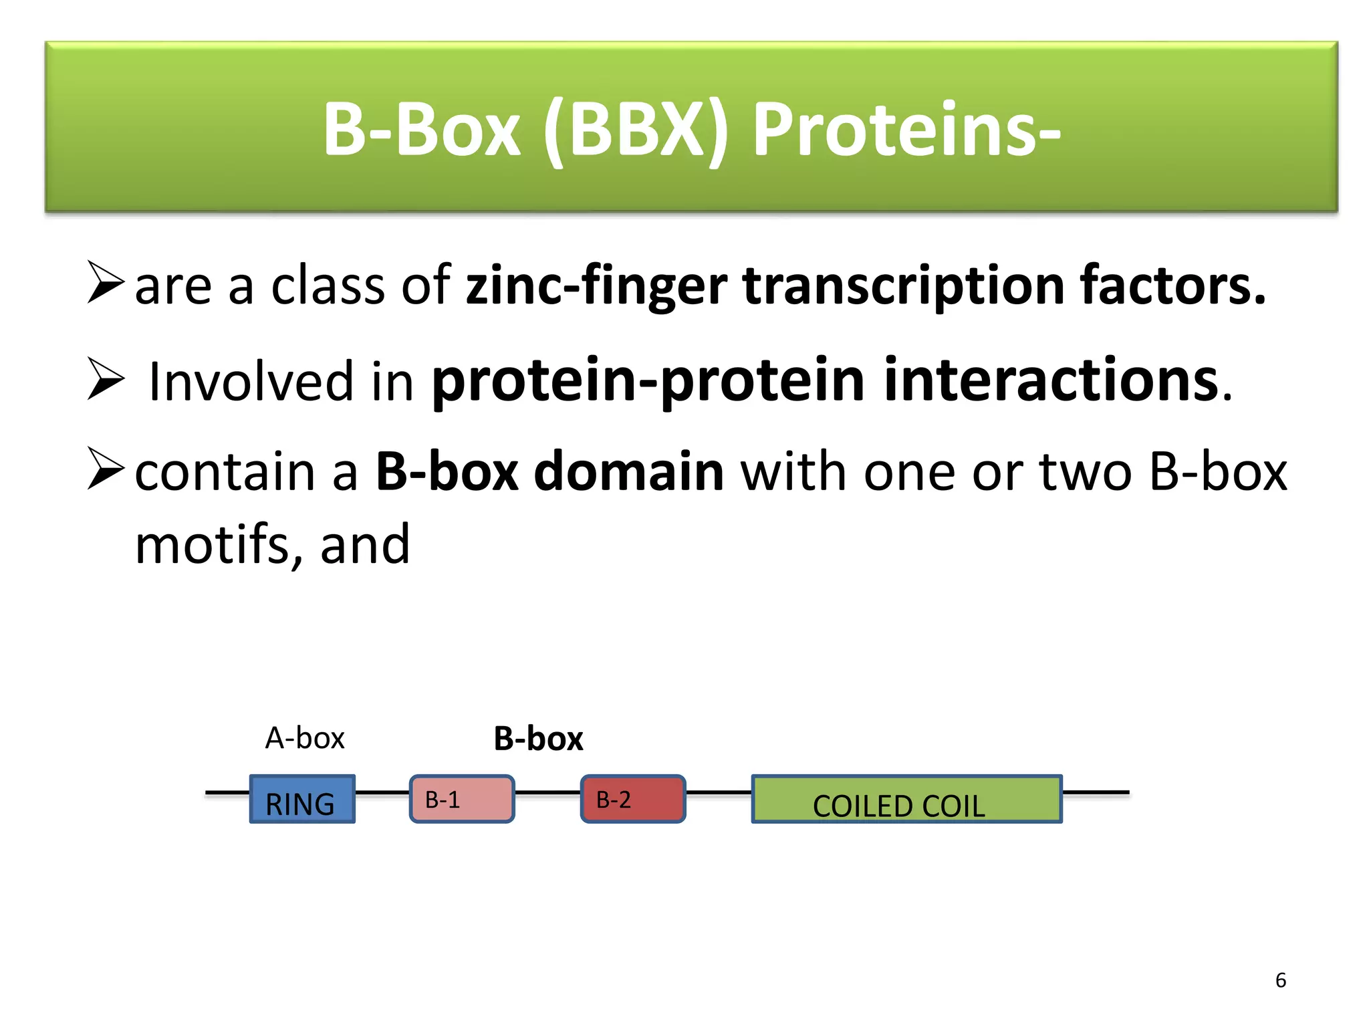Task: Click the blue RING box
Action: point(302,798)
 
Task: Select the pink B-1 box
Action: point(462,798)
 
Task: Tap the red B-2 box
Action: point(633,798)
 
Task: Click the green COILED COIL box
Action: point(906,798)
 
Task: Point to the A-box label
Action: point(305,738)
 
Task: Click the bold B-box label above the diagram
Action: point(538,739)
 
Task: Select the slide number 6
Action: point(1280,980)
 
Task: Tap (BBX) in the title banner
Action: point(636,130)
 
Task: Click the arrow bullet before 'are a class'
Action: point(106,282)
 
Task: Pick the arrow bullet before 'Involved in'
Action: point(106,378)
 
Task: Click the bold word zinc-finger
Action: point(596,286)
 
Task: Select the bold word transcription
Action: point(903,286)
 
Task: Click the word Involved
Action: point(250,381)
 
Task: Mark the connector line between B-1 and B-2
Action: point(547,792)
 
